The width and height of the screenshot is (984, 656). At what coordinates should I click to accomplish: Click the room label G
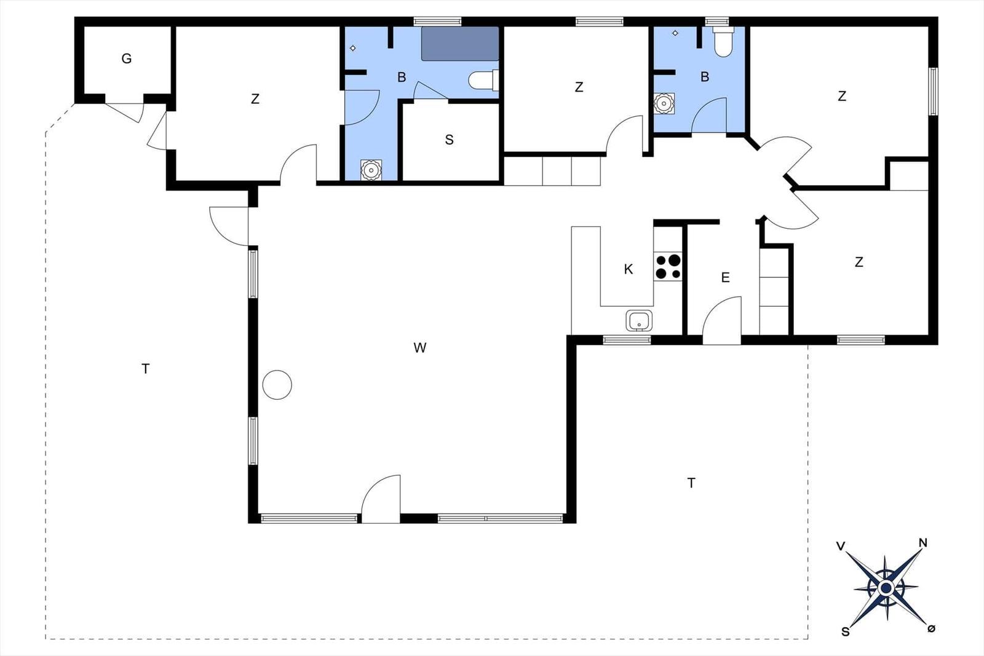[127, 58]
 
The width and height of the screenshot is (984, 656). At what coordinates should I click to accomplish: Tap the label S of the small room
[449, 140]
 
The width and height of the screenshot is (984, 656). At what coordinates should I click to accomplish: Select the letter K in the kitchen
[628, 269]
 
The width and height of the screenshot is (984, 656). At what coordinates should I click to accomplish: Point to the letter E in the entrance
[725, 277]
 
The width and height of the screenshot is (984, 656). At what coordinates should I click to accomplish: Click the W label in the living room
[420, 348]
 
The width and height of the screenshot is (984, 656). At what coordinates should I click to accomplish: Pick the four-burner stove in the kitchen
[668, 266]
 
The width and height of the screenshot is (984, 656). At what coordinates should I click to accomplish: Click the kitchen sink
[639, 320]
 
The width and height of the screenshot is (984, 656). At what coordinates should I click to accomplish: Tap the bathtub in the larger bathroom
[460, 44]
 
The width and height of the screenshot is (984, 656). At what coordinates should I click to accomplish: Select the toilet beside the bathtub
[483, 80]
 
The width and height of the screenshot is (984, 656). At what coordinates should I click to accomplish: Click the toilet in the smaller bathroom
[723, 42]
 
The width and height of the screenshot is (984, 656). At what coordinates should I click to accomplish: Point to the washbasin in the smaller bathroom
[664, 104]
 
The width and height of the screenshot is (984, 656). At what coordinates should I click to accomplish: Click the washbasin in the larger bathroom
[371, 170]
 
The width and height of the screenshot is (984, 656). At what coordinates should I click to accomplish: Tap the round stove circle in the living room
[277, 385]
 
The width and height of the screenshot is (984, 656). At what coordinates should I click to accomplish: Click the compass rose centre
[886, 588]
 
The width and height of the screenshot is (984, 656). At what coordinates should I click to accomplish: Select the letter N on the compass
[923, 543]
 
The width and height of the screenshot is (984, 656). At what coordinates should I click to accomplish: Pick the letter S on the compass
[845, 631]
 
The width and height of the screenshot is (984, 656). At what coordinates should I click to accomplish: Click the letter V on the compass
[840, 546]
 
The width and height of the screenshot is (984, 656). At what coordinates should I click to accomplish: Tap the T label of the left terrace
[145, 369]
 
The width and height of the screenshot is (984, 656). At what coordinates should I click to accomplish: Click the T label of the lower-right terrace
[691, 483]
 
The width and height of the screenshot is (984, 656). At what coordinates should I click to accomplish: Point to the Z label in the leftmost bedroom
[255, 99]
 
